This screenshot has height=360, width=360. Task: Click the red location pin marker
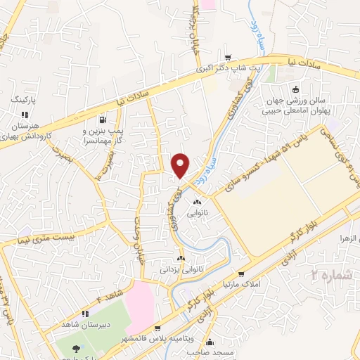(181, 165)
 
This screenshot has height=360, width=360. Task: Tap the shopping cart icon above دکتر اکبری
(226, 58)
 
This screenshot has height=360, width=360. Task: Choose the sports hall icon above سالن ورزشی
(295, 89)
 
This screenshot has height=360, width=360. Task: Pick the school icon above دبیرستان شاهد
(84, 314)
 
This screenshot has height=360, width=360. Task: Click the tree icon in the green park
(76, 349)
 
